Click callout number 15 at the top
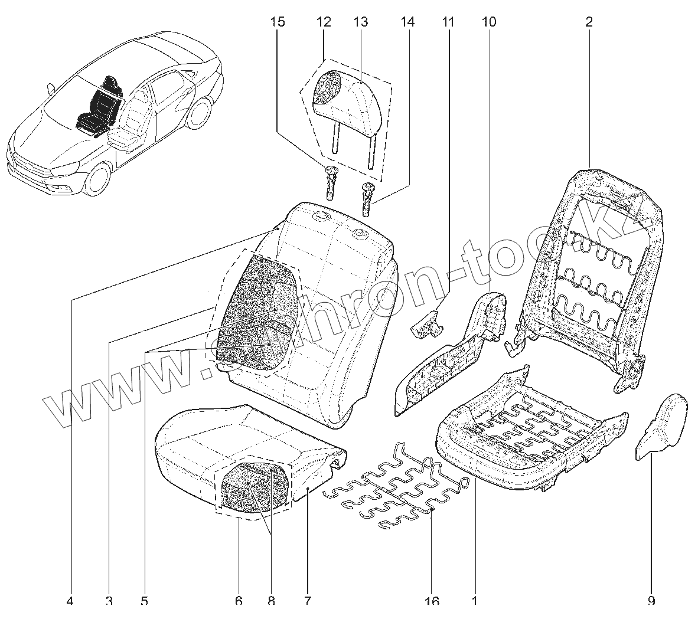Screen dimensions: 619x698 (278, 22)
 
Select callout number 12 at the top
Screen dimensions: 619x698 (324, 22)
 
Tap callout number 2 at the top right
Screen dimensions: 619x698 (589, 22)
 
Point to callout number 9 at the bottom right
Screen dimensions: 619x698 (651, 601)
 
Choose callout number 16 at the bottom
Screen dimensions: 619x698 (432, 601)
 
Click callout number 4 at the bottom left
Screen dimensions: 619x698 (70, 601)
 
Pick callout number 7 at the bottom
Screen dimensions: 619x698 (307, 601)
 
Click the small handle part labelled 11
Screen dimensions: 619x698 (426, 325)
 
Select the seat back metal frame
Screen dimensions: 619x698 (591, 266)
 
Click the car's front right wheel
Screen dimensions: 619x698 (97, 179)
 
